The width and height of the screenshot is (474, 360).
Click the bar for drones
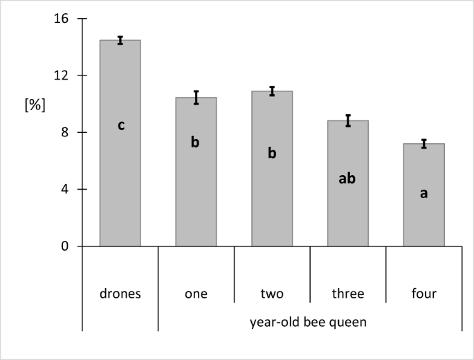tap(120, 180)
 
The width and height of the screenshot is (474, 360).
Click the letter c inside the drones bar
tap(120, 126)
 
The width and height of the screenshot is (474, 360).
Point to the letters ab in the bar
tap(347, 179)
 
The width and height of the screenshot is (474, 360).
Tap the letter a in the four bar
tap(423, 194)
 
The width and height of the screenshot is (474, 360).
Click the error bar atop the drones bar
tap(120, 40)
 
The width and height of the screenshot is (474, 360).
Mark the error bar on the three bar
tap(348, 120)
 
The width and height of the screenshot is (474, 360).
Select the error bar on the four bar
tap(423, 143)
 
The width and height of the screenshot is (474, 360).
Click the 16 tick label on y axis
tap(62, 19)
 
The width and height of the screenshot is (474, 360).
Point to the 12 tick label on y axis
tap(62, 75)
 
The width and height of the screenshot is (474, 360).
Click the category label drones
tap(120, 294)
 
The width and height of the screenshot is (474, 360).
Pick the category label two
tap(272, 294)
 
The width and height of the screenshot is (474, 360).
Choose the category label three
tap(347, 294)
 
